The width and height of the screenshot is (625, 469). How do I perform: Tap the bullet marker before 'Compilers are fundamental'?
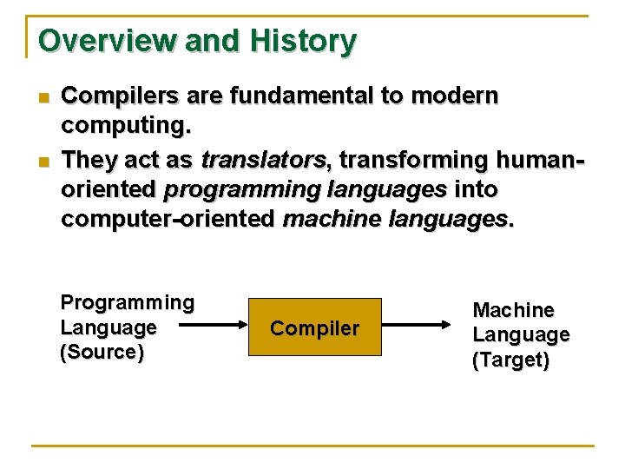(x=41, y=97)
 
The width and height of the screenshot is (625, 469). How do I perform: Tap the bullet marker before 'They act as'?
(x=41, y=162)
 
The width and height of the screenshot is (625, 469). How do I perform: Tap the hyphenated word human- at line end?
(x=543, y=160)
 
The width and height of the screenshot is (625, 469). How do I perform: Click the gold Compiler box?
(x=315, y=327)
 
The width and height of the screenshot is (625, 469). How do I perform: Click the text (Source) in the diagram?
(x=102, y=353)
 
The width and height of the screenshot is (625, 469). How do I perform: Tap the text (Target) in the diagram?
(x=510, y=360)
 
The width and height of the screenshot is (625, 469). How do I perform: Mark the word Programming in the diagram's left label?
(x=127, y=303)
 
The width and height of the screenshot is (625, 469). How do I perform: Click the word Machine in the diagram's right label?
(x=513, y=310)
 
